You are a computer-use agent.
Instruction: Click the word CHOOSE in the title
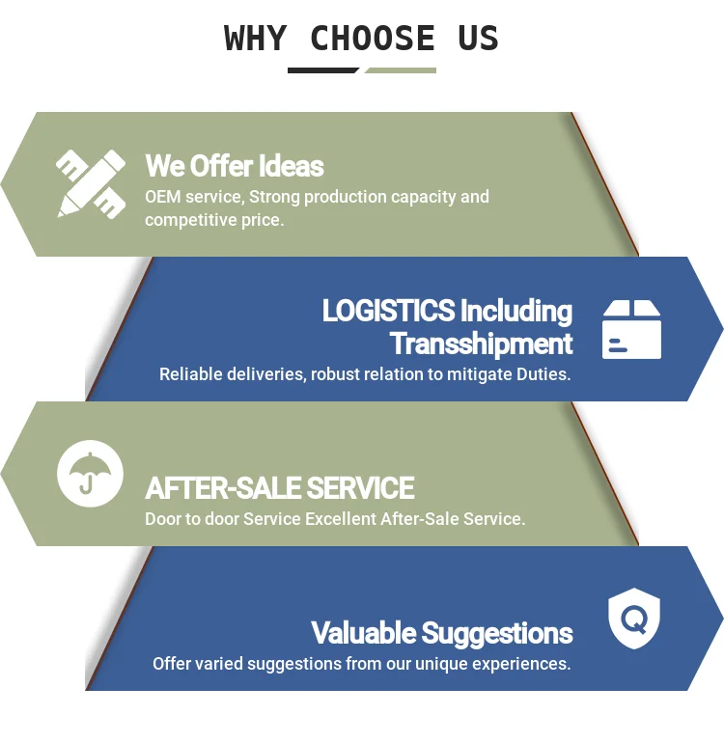(x=373, y=39)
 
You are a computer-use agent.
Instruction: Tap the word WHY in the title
(x=255, y=39)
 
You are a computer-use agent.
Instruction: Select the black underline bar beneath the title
(x=323, y=69)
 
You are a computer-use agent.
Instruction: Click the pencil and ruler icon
(x=91, y=183)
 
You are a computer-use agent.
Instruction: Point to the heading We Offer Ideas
(x=235, y=166)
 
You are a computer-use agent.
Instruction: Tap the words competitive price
(x=213, y=220)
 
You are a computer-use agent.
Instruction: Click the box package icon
(x=632, y=329)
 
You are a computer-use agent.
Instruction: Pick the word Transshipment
(x=481, y=344)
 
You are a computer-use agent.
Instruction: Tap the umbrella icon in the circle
(x=90, y=473)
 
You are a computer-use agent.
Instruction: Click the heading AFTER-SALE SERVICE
(x=280, y=488)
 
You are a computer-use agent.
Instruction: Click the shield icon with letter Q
(x=633, y=619)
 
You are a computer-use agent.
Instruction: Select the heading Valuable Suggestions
(x=441, y=633)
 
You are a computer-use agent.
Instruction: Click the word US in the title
(x=478, y=39)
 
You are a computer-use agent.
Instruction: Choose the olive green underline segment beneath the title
(x=400, y=69)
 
